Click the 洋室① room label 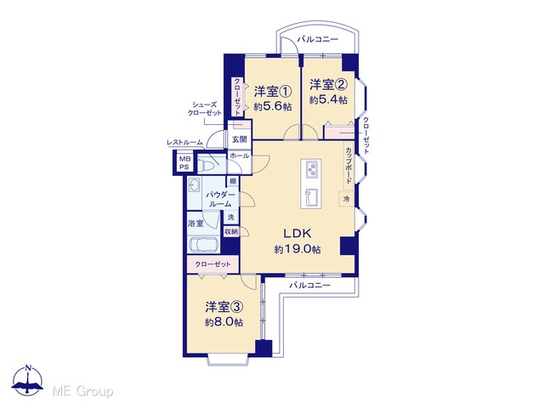point(272,92)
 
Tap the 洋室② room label point(328,84)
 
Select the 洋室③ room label point(224,307)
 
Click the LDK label point(297,234)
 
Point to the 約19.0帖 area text point(297,249)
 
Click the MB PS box point(184,162)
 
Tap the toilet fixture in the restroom point(207,164)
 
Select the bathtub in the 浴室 point(203,244)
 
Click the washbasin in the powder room point(194,185)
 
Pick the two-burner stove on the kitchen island point(311,169)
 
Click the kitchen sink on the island point(311,198)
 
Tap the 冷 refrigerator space point(346,199)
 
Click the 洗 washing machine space point(231,217)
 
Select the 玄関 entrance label point(239,139)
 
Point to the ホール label point(240,156)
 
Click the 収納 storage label point(231,231)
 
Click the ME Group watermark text point(83,392)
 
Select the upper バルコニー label point(317,39)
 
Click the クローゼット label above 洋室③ point(212,264)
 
